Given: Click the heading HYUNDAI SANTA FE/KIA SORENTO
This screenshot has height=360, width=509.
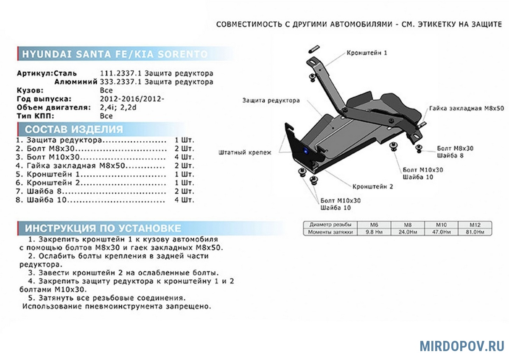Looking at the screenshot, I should click(x=115, y=54).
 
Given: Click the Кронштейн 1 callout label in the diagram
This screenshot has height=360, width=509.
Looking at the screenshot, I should click(x=367, y=53).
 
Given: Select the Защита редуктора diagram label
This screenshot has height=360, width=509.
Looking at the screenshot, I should click(x=271, y=101).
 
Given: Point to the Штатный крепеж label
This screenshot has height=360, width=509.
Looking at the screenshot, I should click(x=245, y=152).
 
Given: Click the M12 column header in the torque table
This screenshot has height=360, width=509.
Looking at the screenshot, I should click(x=475, y=225).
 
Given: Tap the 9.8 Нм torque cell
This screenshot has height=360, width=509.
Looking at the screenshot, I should click(x=374, y=232).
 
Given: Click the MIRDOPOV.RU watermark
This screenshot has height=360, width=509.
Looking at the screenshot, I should click(x=462, y=346).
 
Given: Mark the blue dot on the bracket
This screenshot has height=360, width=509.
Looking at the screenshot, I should click(x=305, y=150).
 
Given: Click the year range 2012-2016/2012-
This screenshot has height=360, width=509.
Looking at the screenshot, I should click(x=131, y=99).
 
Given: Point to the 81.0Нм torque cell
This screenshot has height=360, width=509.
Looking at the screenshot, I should click(x=475, y=232).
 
